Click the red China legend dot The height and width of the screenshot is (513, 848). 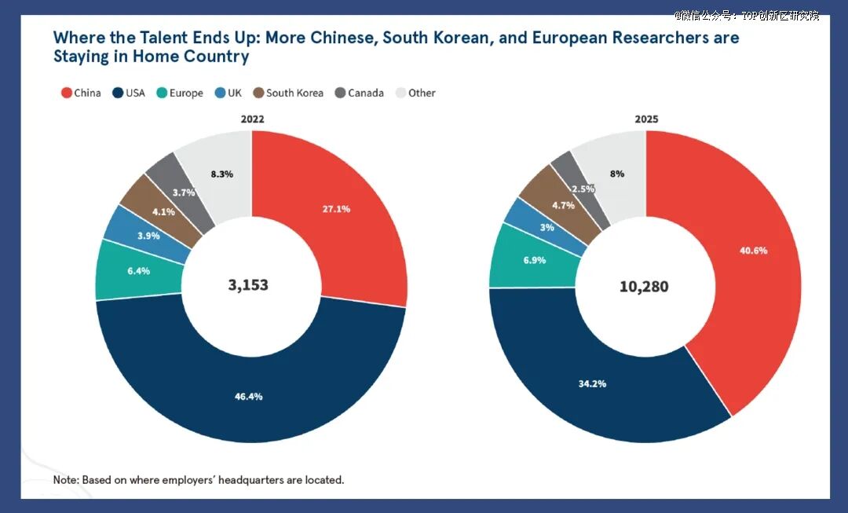[x=67, y=93]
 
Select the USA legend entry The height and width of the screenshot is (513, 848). [x=129, y=93]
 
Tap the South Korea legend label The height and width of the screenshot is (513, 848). [x=294, y=93]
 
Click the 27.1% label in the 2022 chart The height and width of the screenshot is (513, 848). [x=336, y=209]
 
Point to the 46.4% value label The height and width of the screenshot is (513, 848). [x=249, y=397]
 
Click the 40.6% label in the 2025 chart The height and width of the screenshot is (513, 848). [x=753, y=251]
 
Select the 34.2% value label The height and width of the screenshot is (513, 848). [x=592, y=384]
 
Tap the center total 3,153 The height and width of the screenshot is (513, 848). [x=248, y=285]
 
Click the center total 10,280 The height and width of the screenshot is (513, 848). [x=644, y=286]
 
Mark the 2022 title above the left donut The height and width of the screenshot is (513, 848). [x=253, y=119]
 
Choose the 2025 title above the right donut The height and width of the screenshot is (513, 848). [x=646, y=119]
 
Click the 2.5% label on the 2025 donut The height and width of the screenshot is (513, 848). [x=583, y=189]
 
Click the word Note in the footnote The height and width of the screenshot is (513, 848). [x=66, y=480]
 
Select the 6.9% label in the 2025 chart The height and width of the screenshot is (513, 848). [x=535, y=260]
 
